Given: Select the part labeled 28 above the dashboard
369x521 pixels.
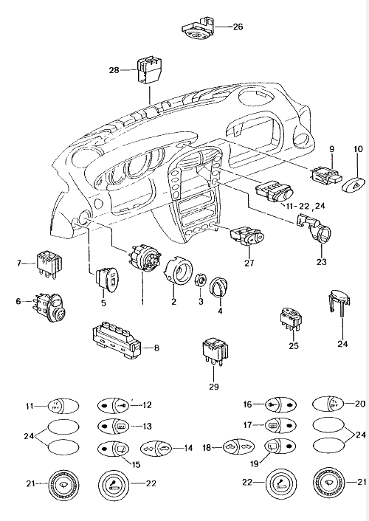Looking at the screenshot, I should click(148, 72).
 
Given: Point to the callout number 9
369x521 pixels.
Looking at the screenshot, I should click(331, 150).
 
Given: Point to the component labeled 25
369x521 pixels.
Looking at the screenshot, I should click(290, 320).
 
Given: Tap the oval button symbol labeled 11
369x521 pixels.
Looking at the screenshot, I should click(55, 405).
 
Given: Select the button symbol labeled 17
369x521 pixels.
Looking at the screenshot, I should click(280, 426).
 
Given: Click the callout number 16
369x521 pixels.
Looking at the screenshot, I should click(249, 404).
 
